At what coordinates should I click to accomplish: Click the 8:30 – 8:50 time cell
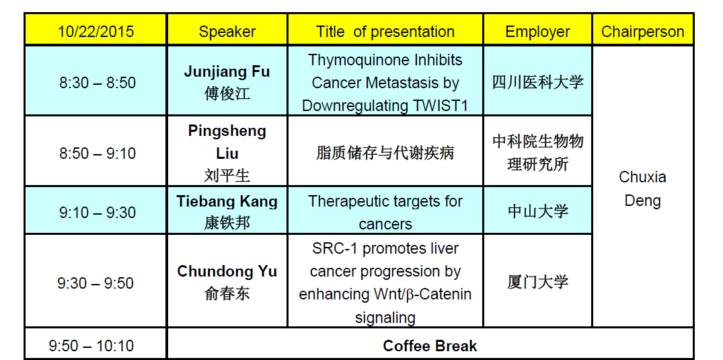[98, 83]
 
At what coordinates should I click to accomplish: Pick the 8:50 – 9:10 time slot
[98, 153]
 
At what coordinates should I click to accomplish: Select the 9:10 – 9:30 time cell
[98, 213]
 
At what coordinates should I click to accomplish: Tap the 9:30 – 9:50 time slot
[96, 283]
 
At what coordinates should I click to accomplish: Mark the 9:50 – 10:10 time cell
[91, 346]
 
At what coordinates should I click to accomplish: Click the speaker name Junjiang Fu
[227, 72]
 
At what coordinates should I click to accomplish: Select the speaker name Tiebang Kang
[227, 202]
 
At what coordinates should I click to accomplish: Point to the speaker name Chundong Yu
[227, 271]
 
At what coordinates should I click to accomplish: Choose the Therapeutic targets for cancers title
[385, 213]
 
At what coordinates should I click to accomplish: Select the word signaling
[385, 318]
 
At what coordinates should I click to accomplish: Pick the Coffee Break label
[430, 346]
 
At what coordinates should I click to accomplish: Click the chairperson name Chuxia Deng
[642, 189]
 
